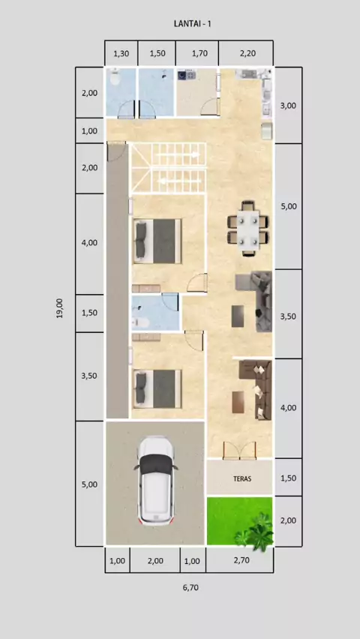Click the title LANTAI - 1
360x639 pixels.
pos(193,24)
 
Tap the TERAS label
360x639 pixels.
pos(242,478)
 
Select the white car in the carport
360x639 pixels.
pos(155,481)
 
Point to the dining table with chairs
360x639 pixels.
pos(248,229)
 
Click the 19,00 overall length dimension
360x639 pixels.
pos(60,308)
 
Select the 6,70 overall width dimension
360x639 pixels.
pos(190,588)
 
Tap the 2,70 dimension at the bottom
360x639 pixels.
pos(241,560)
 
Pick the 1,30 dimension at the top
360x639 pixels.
pos(121,53)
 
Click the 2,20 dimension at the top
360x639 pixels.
pos(247,53)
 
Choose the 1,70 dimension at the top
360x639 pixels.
pos(199,53)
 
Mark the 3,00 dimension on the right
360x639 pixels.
pos(288,106)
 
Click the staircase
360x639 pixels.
pos(167,167)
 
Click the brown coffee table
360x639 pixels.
pos(238,402)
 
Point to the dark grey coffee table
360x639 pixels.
pos(238,316)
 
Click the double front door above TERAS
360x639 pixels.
pos(240,451)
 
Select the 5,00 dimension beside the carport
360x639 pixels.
pos(90,484)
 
